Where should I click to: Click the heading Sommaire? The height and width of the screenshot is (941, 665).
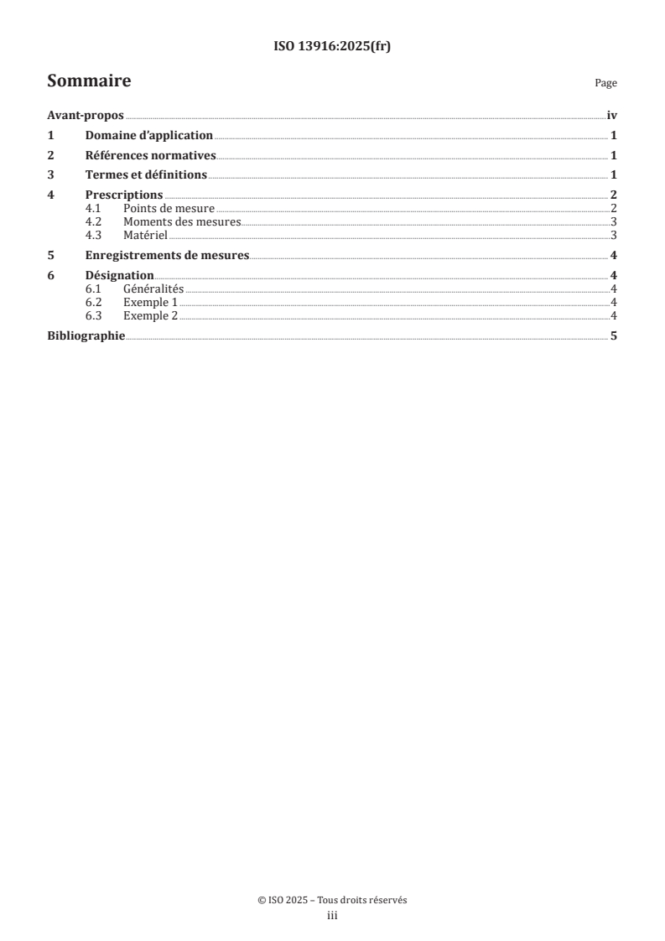point(89,81)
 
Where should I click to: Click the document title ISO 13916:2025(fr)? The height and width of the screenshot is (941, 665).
point(332,47)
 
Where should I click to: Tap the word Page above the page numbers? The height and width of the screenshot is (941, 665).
point(605,83)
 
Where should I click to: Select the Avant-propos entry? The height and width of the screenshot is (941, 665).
point(86,116)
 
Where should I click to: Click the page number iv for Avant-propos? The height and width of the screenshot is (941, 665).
point(611,116)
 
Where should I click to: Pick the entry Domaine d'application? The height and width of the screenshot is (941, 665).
point(148,135)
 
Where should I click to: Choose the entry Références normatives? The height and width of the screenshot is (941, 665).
point(151,155)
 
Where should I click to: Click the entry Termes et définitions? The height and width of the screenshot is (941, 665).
point(146,175)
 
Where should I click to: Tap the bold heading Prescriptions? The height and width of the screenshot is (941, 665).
point(124,195)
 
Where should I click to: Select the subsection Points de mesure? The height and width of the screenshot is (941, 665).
point(169,208)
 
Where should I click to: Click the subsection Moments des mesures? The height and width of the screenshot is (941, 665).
point(181,221)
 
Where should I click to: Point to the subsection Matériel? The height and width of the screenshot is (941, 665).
point(145,235)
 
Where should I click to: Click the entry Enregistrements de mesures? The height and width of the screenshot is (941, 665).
point(167,255)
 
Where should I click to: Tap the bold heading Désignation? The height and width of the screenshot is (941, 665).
point(119,275)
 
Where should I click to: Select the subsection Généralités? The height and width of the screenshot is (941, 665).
point(153,289)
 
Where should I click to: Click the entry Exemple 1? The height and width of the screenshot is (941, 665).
point(150,302)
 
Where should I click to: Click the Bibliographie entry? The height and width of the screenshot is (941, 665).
point(86,335)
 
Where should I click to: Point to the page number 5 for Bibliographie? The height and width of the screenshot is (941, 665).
point(614,335)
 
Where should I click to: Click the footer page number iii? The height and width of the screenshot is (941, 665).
point(332,917)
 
